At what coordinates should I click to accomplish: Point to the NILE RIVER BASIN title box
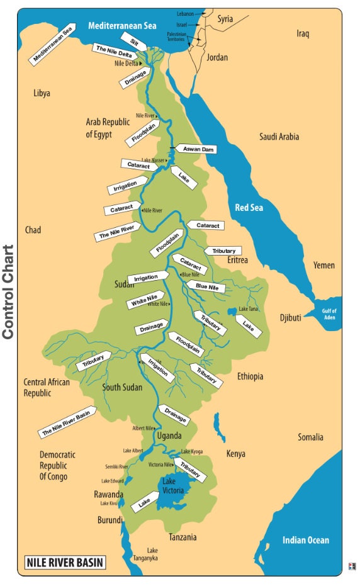click(64, 562)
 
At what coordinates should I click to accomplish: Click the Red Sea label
click(249, 207)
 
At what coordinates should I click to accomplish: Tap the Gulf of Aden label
click(330, 314)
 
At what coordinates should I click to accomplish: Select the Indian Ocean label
click(305, 540)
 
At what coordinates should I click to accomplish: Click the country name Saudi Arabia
click(279, 137)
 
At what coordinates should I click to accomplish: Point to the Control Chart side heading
click(9, 293)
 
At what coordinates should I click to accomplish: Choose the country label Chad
click(33, 230)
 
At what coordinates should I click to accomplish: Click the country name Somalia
click(310, 437)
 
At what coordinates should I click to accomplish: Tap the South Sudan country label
click(125, 387)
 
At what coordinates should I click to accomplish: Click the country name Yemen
click(324, 265)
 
